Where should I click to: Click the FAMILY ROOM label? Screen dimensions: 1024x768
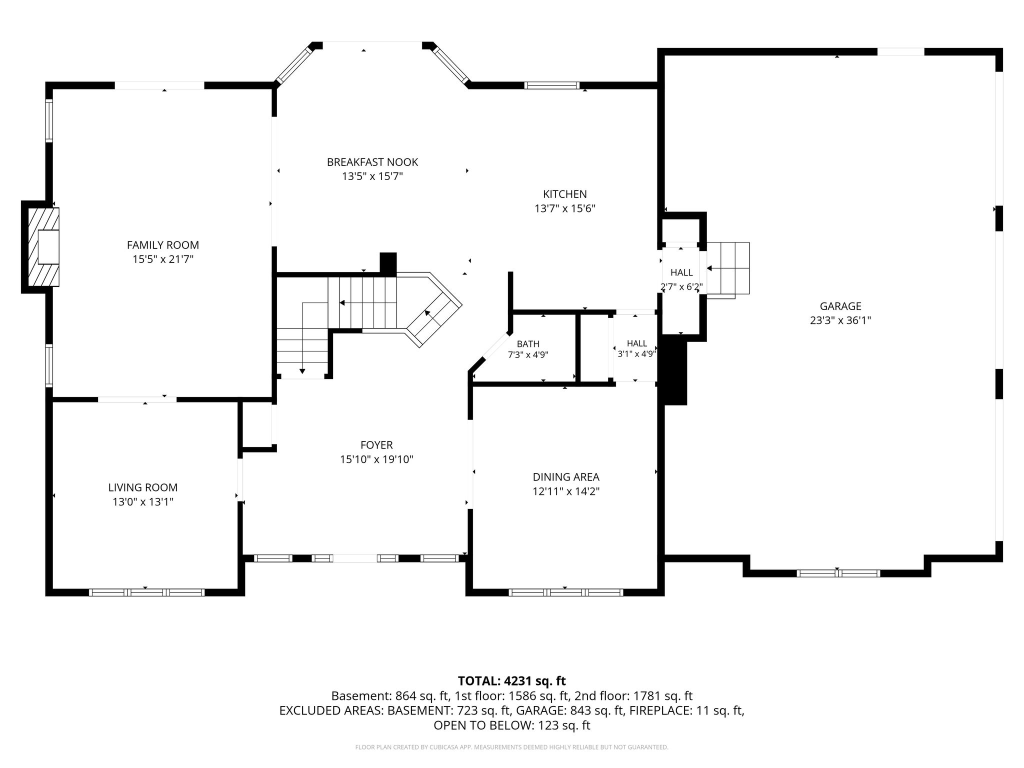[x=163, y=245]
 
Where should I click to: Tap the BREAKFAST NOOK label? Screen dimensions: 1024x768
[x=372, y=162]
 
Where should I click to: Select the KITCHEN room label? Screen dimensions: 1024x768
[x=565, y=194]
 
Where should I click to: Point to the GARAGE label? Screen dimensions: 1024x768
[x=840, y=306]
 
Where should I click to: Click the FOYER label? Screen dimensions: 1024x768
[x=376, y=445]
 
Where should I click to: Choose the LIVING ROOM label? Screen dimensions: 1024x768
[x=143, y=487]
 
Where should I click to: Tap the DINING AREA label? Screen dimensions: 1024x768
[x=566, y=477]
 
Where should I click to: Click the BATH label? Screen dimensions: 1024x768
[x=528, y=344]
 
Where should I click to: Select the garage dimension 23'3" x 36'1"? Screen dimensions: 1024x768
[x=840, y=320]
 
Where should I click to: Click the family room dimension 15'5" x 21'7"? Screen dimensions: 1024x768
[x=163, y=259]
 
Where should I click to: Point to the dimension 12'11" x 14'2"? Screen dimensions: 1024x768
[x=566, y=491]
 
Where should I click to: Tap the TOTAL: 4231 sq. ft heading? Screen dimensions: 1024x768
[x=512, y=680]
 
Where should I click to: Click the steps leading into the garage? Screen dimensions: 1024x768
[x=727, y=270]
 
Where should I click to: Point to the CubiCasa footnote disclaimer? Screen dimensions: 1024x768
[x=512, y=747]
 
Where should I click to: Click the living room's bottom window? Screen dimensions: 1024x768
[x=147, y=592]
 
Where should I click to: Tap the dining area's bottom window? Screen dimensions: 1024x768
[x=566, y=592]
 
